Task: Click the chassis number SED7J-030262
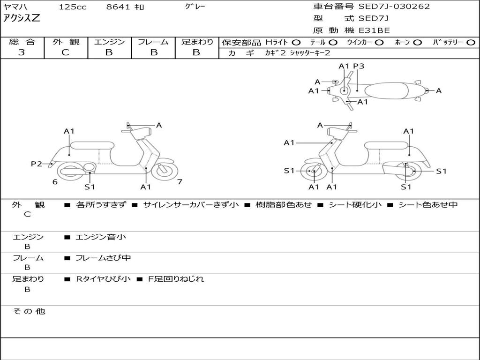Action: [394, 7]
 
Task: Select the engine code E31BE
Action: [374, 30]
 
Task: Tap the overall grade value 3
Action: [22, 52]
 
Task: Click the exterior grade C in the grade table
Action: [65, 52]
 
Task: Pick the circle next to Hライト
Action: [296, 43]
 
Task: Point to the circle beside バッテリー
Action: [471, 43]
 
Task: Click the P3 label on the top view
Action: [359, 66]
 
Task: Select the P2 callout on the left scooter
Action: [37, 164]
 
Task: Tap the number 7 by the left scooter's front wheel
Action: [180, 181]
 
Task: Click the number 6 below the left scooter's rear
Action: [55, 181]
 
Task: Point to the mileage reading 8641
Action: [118, 7]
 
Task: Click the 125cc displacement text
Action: [73, 7]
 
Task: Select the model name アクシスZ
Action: [22, 18]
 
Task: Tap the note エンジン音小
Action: [101, 237]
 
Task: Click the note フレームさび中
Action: [103, 258]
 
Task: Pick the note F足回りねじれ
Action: [176, 279]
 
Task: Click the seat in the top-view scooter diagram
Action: [387, 90]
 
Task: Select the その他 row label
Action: [29, 311]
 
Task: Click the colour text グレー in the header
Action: [195, 7]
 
